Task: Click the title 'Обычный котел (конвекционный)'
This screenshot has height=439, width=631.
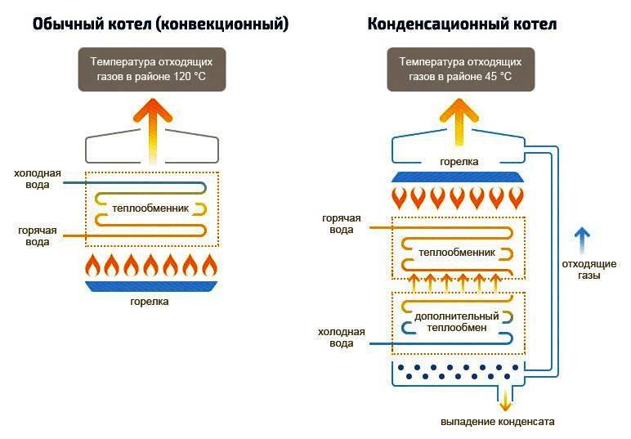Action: pos(160,25)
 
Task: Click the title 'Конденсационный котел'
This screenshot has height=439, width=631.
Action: pos(462,25)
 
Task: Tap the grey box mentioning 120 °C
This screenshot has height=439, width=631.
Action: pos(152,69)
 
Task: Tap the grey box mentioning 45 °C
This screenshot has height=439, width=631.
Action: pos(461,69)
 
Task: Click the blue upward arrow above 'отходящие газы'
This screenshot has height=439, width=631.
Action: pos(582,240)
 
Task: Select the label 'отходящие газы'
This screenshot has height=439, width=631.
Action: pos(588,270)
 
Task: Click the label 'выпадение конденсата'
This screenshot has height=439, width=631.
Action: pos(498,422)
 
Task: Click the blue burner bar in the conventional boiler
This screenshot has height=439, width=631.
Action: pos(152,286)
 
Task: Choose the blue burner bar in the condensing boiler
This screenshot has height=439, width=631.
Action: pos(458,177)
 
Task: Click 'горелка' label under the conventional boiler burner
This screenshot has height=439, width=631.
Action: pos(150,302)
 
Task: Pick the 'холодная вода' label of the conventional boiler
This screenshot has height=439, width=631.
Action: pos(37,179)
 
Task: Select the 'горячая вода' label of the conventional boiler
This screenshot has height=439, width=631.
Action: pos(37,236)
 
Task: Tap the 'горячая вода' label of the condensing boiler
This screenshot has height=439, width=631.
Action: pos(342,224)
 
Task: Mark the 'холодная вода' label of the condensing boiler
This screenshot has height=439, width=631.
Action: pos(342,338)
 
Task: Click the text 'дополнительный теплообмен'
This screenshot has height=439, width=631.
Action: pos(457,322)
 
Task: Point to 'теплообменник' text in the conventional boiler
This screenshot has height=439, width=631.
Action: pos(150,208)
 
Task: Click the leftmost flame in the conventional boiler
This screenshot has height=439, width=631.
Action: pos(93,265)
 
